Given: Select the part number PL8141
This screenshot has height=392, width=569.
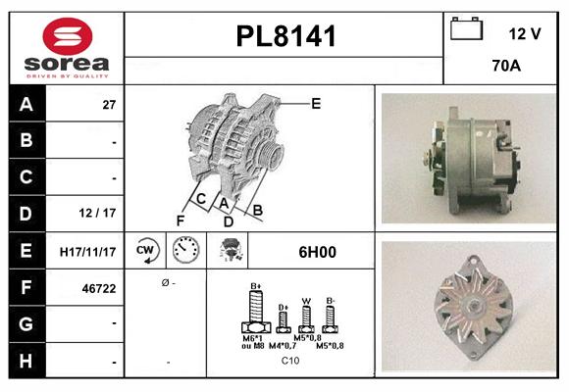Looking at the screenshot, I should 285,37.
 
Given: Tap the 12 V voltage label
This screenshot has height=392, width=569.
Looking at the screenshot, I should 525,34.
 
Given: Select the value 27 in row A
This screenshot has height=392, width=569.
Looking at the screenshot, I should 109,105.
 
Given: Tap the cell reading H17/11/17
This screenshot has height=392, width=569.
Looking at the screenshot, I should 86,252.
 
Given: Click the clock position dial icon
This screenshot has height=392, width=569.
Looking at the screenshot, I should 185,252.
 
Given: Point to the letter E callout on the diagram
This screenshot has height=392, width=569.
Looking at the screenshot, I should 316,103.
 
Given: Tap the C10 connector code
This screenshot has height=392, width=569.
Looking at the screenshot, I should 290,361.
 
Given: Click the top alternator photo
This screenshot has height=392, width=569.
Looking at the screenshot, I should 467,159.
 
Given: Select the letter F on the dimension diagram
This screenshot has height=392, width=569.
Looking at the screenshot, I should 180,220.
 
